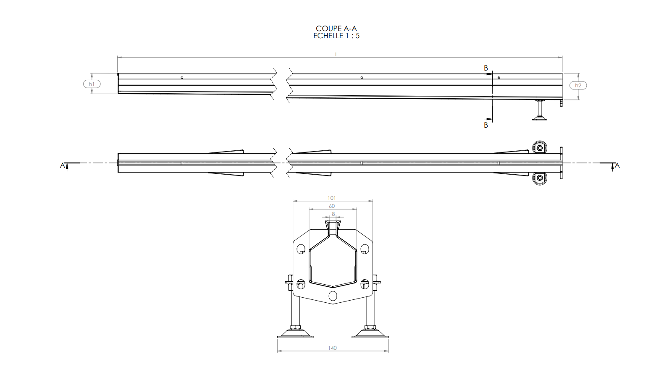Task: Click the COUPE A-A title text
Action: pyautogui.click(x=336, y=29)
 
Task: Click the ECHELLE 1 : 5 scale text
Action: pyautogui.click(x=336, y=36)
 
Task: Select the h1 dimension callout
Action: pyautogui.click(x=92, y=84)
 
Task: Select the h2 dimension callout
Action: pyautogui.click(x=578, y=86)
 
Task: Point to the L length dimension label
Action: pyautogui.click(x=336, y=55)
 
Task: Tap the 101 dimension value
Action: pyautogui.click(x=332, y=198)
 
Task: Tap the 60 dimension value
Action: pyautogui.click(x=332, y=206)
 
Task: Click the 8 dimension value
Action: pyautogui.click(x=333, y=214)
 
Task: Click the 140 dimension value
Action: pyautogui.click(x=332, y=348)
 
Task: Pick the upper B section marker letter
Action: pyautogui.click(x=486, y=68)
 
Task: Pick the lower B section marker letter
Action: pyautogui.click(x=486, y=125)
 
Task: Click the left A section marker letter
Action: pyautogui.click(x=63, y=165)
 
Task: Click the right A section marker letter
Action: pyautogui.click(x=617, y=165)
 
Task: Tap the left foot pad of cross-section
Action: pyautogui.click(x=295, y=334)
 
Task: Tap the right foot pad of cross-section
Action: pyautogui.click(x=370, y=334)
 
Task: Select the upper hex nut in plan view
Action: pyautogui.click(x=540, y=148)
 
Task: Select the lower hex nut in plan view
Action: pyautogui.click(x=540, y=178)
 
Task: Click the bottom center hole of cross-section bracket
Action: pyautogui.click(x=333, y=295)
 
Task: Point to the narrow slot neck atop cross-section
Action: pyautogui.click(x=333, y=228)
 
